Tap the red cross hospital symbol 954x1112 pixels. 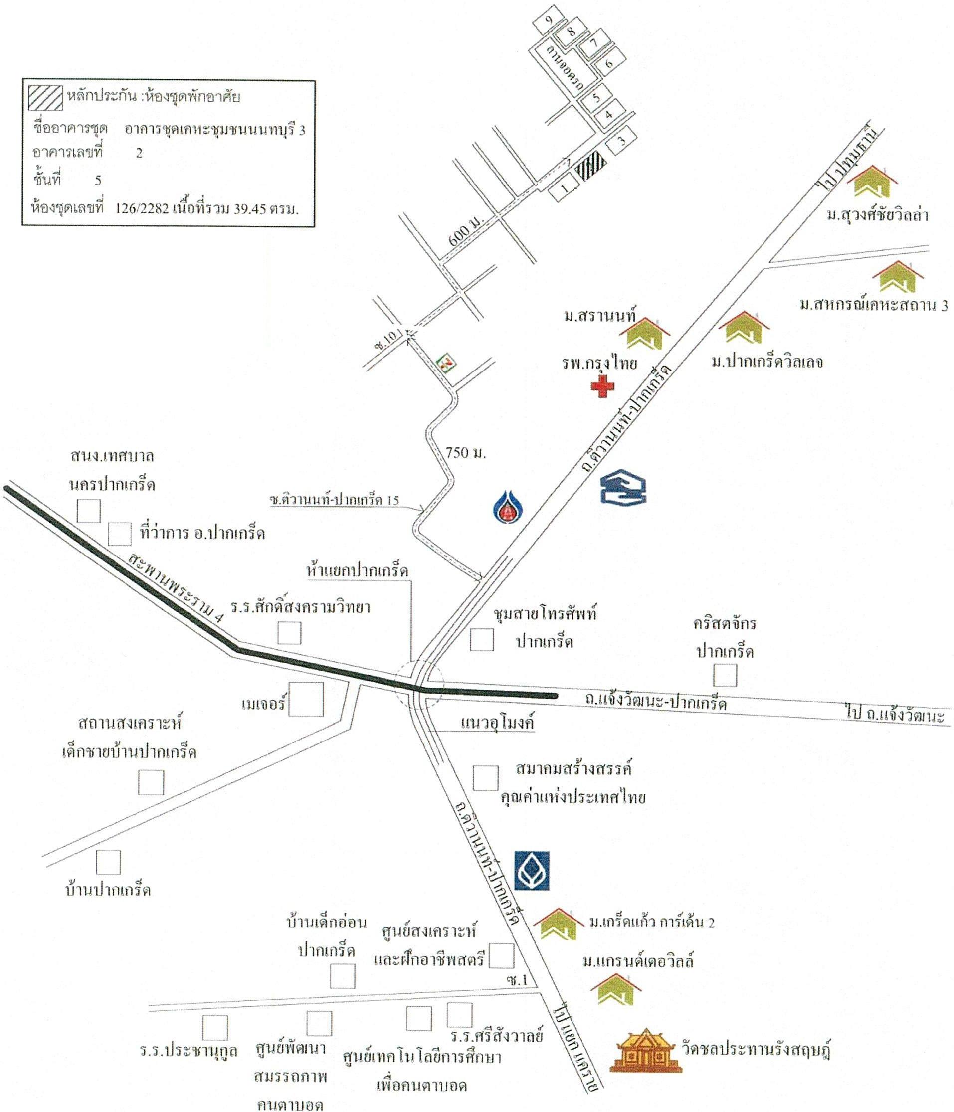click(x=602, y=386)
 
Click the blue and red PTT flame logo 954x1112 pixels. click(x=508, y=505)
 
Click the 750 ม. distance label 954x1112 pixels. click(x=465, y=452)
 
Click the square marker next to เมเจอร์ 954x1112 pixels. click(x=306, y=699)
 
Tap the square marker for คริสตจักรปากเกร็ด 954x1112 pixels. click(x=725, y=675)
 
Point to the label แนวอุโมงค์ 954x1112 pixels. click(x=497, y=723)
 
